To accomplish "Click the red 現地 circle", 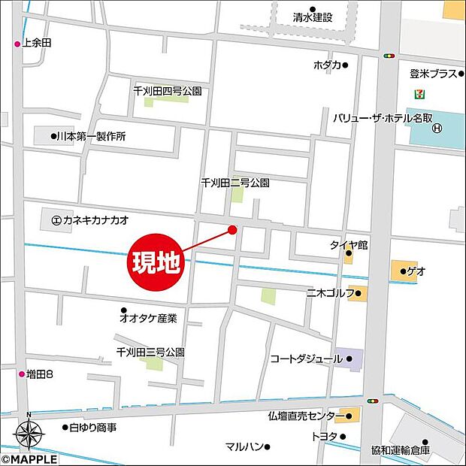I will pos(157,263).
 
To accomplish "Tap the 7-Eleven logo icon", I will pos(416,95).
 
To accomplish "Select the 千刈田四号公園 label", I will pos(167,91).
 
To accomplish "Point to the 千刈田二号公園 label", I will pos(235,183).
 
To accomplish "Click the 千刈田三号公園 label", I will pos(150,352).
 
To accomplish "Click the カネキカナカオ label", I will pos(95,220).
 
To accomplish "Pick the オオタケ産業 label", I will pos(151,319).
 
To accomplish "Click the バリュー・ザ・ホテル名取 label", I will pos(382,118).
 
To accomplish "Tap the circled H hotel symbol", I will pos(437,128).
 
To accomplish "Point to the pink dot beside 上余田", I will pos(17,44).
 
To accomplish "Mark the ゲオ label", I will pos(416,271).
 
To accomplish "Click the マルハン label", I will pos(244,446).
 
